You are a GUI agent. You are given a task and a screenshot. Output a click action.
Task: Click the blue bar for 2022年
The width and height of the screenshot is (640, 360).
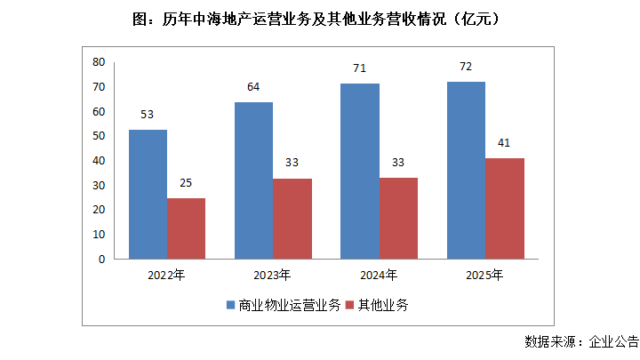[x=148, y=194]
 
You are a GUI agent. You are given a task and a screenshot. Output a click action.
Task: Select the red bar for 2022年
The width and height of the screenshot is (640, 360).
[x=186, y=228]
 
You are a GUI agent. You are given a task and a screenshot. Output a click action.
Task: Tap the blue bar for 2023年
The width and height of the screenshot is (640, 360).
[x=253, y=180]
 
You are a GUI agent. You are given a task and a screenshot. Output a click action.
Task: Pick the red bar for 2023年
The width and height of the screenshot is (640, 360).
[x=292, y=219]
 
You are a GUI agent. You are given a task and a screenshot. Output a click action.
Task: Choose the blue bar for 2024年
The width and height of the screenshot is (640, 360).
[x=360, y=172]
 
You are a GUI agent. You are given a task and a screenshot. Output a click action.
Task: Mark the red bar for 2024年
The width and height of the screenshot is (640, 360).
[x=398, y=219]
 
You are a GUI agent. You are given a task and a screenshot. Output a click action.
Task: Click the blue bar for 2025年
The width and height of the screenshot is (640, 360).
[x=466, y=171]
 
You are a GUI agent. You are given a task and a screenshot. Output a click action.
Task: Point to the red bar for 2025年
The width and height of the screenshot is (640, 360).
[x=504, y=209]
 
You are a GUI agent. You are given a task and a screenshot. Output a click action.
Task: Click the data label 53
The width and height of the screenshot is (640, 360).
[x=148, y=115]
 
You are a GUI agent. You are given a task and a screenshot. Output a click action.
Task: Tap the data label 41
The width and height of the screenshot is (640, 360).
[x=504, y=143]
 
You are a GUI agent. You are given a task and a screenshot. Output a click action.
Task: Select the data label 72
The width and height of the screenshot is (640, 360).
[x=466, y=67]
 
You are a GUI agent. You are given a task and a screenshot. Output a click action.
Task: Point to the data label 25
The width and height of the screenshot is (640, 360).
[x=186, y=183]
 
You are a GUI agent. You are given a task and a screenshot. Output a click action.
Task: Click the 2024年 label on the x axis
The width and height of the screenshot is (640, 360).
[x=380, y=275]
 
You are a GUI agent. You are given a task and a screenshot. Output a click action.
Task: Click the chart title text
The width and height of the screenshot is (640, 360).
[x=319, y=19]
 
